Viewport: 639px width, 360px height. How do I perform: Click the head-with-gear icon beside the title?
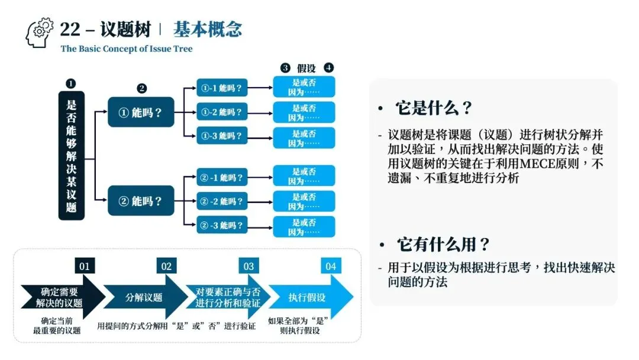[39, 33]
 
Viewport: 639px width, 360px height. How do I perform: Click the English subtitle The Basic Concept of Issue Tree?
[127, 49]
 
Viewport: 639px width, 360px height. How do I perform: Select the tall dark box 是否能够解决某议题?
[72, 156]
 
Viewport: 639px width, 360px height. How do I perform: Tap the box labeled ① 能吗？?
[141, 112]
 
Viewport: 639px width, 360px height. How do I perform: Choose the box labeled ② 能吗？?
[141, 201]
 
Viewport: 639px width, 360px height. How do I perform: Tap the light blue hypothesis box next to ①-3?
[304, 138]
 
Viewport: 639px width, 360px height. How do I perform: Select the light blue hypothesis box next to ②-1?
[304, 176]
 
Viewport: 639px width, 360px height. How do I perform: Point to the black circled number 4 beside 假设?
[329, 68]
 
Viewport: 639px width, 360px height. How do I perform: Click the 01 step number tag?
[85, 266]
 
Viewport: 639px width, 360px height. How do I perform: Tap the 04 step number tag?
[331, 266]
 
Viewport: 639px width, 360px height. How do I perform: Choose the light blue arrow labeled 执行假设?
[309, 297]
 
